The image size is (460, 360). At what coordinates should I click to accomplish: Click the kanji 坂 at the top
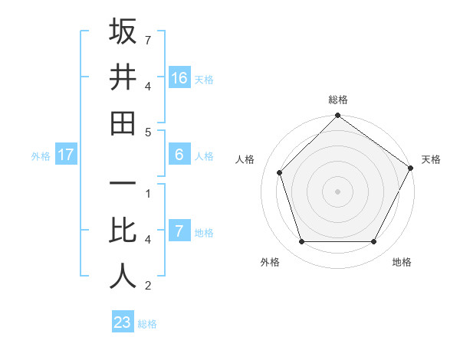click(123, 31)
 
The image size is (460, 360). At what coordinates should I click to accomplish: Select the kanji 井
click(123, 77)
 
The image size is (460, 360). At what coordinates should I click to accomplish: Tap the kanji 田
click(123, 123)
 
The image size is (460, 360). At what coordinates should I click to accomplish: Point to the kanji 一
click(123, 185)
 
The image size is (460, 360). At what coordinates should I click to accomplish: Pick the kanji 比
click(123, 231)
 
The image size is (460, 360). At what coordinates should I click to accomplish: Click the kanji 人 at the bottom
click(123, 277)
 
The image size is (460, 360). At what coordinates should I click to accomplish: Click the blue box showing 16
click(179, 77)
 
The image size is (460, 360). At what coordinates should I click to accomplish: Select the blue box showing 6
click(179, 155)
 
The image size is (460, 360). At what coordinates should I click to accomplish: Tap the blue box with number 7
click(179, 231)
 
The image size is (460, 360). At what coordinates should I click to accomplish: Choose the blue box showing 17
click(66, 155)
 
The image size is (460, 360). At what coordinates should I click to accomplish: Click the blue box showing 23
click(122, 322)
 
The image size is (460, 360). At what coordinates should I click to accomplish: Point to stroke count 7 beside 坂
click(148, 39)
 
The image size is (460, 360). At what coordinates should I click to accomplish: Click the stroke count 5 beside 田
click(148, 132)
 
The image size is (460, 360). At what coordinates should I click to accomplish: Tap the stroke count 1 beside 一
click(148, 193)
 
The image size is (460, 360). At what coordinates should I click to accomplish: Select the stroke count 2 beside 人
click(148, 286)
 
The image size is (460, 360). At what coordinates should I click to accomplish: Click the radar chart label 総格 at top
click(337, 100)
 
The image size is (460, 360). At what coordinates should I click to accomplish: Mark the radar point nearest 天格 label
click(410, 168)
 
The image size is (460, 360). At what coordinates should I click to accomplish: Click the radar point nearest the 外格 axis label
click(301, 242)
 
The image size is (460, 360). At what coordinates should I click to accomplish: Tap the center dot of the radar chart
click(337, 191)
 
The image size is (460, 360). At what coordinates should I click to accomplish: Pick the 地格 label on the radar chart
click(402, 263)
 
